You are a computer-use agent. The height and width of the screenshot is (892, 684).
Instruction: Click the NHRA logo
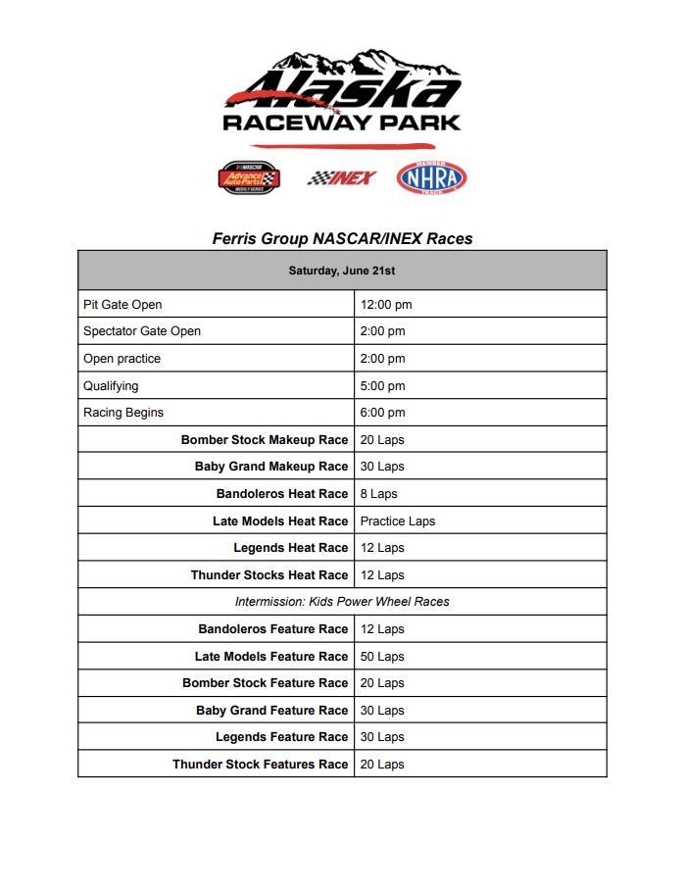(431, 177)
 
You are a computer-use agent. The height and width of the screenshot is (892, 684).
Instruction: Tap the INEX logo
(342, 177)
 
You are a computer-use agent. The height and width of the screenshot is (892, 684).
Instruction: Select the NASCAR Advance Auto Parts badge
(249, 177)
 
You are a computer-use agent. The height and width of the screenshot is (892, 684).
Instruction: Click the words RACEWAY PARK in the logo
(342, 123)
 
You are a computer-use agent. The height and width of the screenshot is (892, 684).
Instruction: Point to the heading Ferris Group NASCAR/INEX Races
(342, 238)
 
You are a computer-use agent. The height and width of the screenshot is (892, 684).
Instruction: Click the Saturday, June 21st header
(342, 271)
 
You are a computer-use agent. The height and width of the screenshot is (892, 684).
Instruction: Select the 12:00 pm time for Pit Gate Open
(386, 305)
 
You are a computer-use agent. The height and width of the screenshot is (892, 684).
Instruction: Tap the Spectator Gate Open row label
(142, 331)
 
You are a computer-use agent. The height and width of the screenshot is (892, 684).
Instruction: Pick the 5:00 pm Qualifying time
(382, 386)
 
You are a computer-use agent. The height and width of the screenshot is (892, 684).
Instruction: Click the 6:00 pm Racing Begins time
(382, 413)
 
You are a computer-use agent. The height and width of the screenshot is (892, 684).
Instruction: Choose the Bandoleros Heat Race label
(282, 494)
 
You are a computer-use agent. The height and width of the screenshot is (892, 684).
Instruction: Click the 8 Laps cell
(378, 494)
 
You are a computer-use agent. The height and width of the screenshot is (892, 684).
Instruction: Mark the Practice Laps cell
(397, 521)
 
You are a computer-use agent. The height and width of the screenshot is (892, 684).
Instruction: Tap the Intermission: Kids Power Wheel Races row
(342, 602)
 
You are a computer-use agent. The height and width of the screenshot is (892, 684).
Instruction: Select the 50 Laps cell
(382, 657)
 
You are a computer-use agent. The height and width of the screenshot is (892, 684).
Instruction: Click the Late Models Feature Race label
(271, 657)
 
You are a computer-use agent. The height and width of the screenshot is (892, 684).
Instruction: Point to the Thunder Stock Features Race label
(261, 765)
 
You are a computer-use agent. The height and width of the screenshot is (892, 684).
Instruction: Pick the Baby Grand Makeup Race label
(271, 467)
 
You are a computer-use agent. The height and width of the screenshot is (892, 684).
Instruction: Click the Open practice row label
(122, 359)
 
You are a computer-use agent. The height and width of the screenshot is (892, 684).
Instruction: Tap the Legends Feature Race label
(282, 737)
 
